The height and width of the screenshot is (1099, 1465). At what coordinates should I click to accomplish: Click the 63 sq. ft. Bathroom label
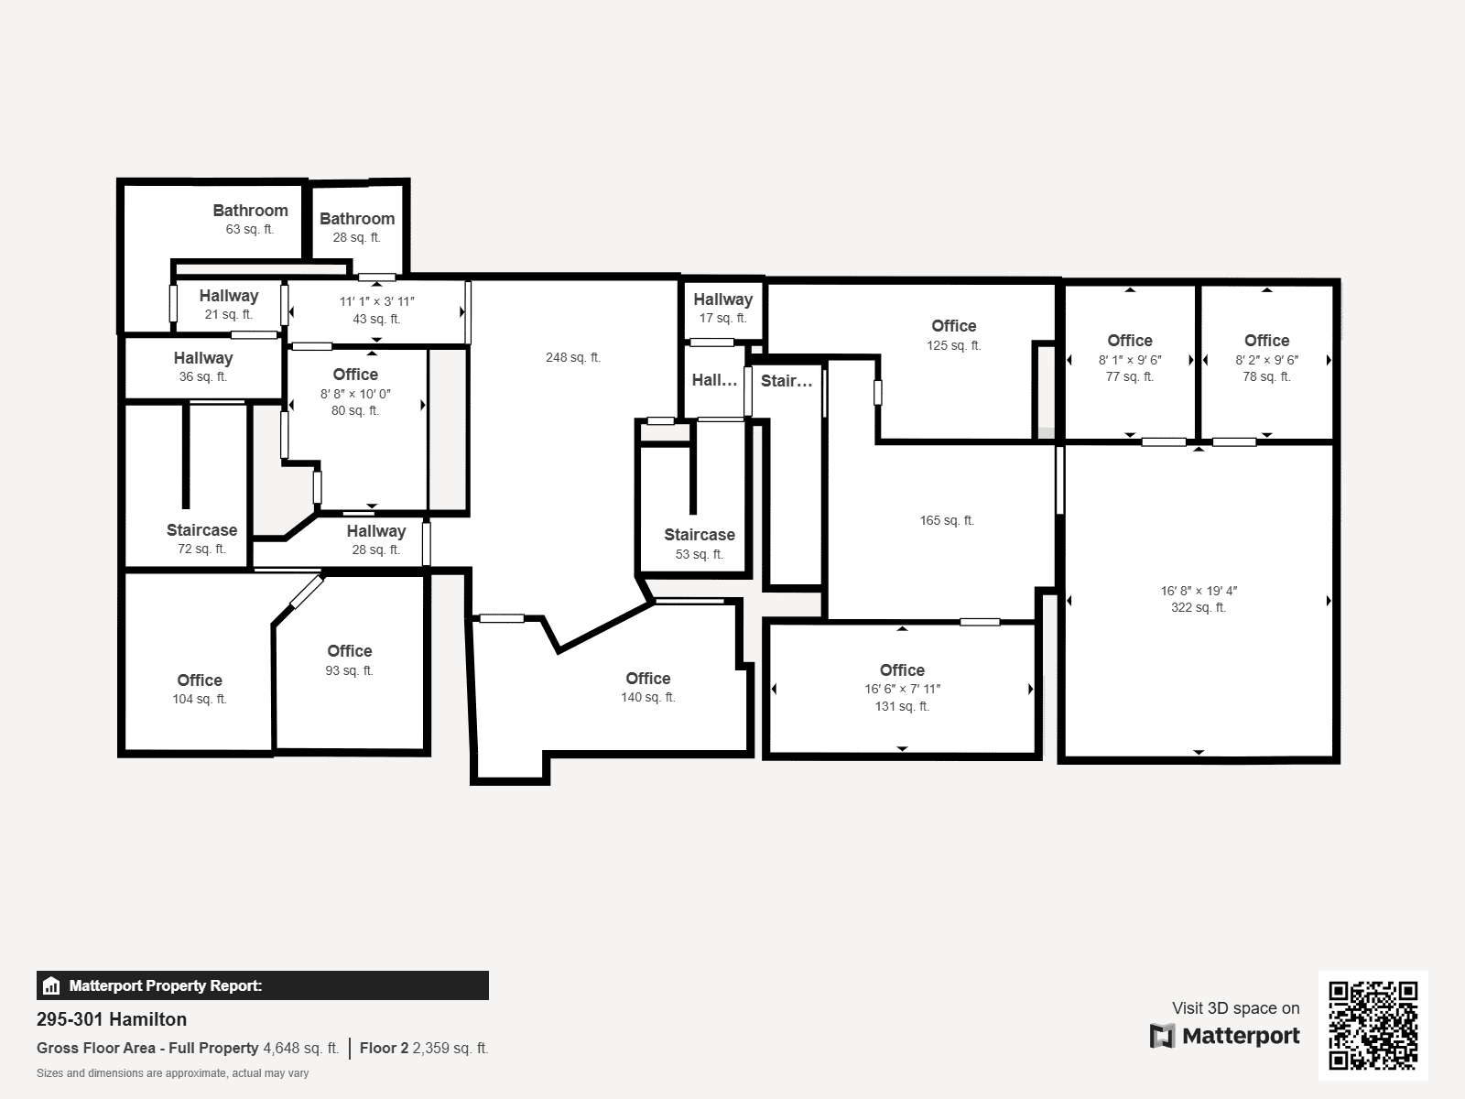250,211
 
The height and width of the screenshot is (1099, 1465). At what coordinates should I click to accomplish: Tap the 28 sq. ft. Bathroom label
357,218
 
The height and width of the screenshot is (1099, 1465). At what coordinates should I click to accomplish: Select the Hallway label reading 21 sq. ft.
229,296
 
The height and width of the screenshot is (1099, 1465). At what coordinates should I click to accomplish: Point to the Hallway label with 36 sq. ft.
203,358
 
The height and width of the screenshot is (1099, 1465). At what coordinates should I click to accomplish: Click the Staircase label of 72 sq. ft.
201,530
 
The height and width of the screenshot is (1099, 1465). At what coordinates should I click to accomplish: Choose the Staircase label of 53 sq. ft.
700,535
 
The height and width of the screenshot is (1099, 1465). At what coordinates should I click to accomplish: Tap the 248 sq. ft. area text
573,358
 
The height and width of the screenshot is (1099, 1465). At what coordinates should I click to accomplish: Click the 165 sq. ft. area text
947,520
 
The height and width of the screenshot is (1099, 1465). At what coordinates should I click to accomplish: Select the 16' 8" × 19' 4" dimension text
1199,591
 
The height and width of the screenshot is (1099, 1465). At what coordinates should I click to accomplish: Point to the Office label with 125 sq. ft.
954,326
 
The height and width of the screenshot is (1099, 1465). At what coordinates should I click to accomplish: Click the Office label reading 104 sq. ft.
200,680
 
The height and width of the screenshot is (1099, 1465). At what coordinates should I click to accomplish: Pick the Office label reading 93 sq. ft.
350,650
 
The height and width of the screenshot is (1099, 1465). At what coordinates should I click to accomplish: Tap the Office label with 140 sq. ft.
648,678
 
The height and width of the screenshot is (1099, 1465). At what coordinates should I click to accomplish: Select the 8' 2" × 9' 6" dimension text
1267,360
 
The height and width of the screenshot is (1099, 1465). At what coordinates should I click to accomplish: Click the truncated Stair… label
787,381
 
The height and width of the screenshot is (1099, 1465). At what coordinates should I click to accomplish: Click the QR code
1373,1025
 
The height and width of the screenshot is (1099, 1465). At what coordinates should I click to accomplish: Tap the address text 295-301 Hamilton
112,1019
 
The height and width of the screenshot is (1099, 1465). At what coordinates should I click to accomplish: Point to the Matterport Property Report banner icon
51,985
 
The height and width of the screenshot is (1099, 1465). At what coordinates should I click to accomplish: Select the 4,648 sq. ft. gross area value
301,1048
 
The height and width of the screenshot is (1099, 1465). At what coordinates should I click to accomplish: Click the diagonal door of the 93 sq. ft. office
307,593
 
